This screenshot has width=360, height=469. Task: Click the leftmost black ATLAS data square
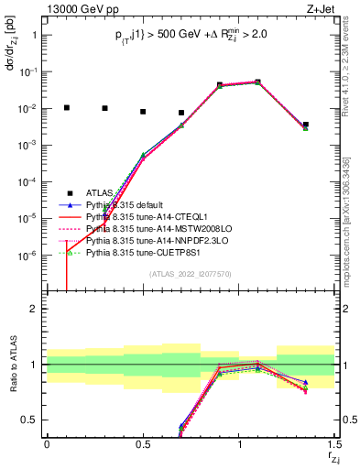click(x=66, y=107)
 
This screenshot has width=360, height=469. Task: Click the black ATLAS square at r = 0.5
click(x=143, y=112)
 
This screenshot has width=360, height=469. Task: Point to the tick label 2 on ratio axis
click(x=34, y=309)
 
